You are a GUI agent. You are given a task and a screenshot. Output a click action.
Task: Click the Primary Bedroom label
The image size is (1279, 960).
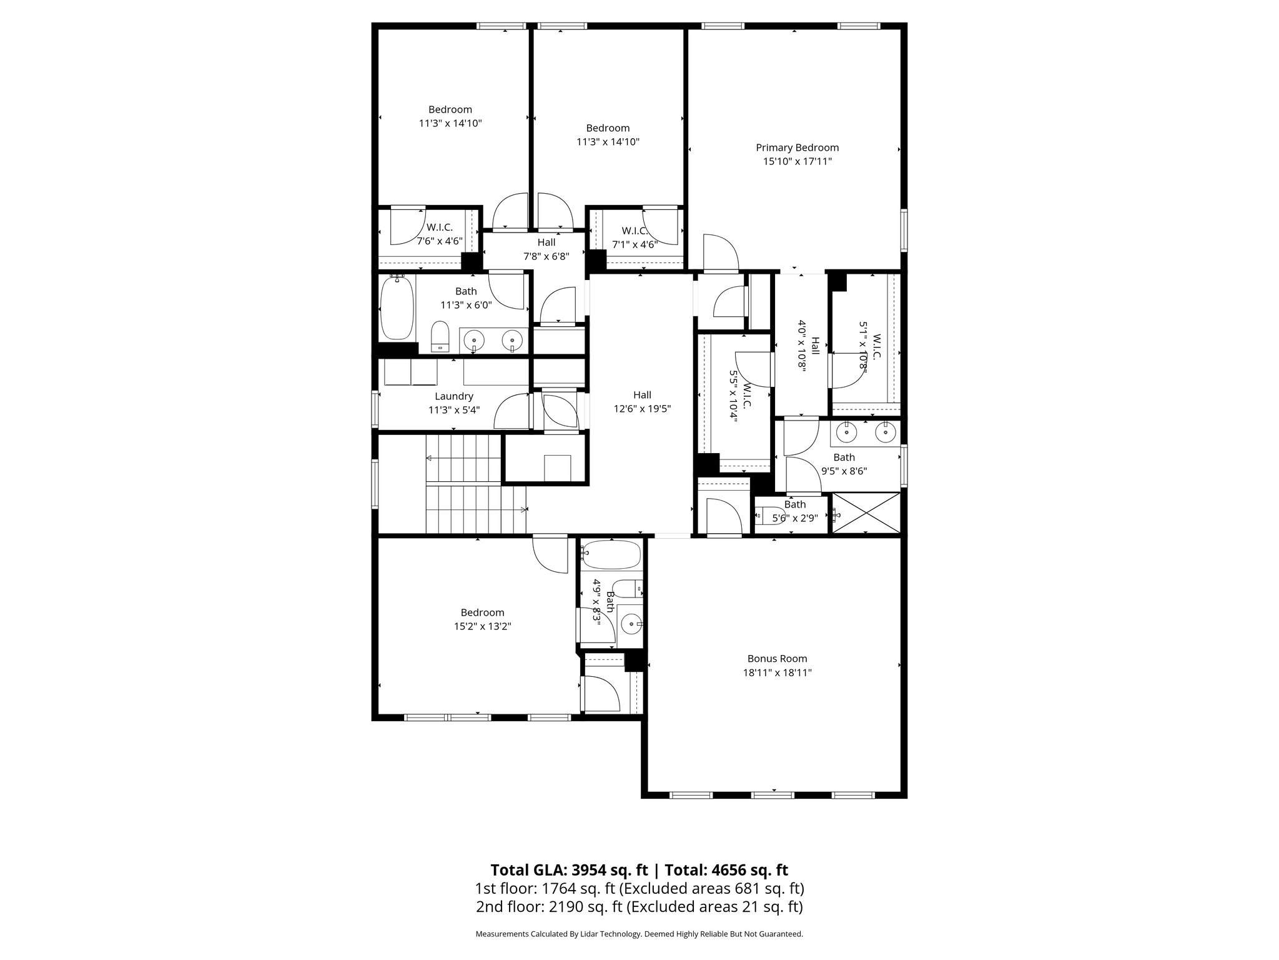(797, 148)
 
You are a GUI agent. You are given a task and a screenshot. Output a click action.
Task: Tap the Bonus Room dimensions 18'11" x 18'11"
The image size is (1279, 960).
(777, 673)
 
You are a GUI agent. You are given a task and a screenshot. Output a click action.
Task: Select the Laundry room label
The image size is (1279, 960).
(454, 396)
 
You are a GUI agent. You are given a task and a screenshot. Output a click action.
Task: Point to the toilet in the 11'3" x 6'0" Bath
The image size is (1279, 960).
(441, 336)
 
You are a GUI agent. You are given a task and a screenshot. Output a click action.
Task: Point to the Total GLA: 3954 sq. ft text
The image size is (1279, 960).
(569, 870)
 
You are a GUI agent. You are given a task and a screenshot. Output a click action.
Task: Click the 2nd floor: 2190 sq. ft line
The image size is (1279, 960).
(639, 907)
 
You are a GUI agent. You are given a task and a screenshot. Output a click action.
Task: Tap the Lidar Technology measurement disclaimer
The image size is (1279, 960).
(639, 934)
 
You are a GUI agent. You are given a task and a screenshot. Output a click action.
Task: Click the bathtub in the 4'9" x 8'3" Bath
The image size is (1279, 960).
(611, 554)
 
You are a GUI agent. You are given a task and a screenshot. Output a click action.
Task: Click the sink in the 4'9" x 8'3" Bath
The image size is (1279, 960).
(631, 624)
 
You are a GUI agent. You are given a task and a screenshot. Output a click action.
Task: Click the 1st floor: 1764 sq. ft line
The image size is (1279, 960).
(639, 888)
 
